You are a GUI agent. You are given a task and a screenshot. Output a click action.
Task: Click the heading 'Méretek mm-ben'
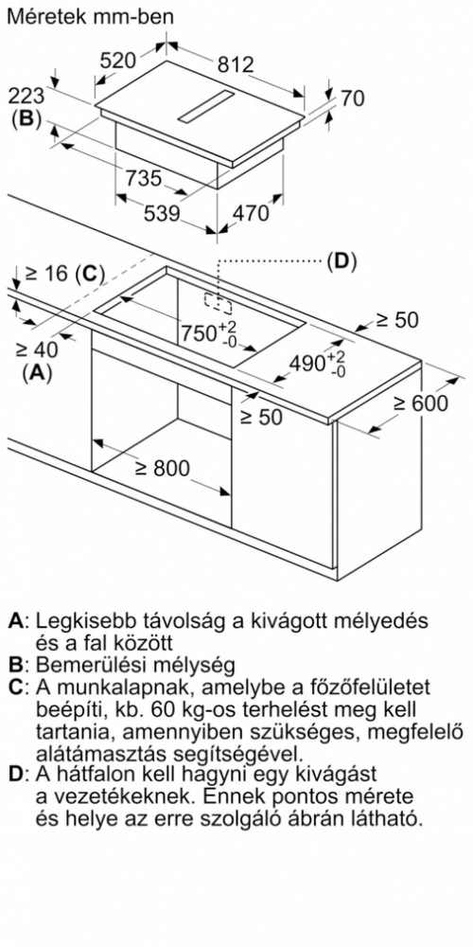pyautogui.click(x=90, y=16)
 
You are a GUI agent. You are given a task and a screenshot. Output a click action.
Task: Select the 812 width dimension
pyautogui.click(x=236, y=64)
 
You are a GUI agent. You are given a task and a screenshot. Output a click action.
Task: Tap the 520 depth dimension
pyautogui.click(x=118, y=61)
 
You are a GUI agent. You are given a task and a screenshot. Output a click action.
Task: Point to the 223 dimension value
pyautogui.click(x=26, y=96)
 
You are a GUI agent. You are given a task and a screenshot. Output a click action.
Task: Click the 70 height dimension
pyautogui.click(x=352, y=98)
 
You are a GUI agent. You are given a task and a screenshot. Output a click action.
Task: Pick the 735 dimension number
pyautogui.click(x=144, y=178)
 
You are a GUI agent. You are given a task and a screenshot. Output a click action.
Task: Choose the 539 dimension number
pyautogui.click(x=162, y=214)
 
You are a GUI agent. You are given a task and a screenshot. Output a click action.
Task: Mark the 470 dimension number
pyautogui.click(x=250, y=213)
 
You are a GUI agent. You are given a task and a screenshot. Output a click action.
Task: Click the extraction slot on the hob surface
pyautogui.click(x=205, y=108)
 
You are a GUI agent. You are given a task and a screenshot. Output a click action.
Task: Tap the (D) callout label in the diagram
pyautogui.click(x=342, y=261)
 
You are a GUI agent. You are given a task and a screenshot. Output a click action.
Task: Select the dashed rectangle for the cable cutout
pyautogui.click(x=218, y=304)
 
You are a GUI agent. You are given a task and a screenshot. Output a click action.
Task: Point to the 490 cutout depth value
pyautogui.click(x=317, y=364)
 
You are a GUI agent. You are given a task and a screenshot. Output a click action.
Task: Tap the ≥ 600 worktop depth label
pyautogui.click(x=421, y=403)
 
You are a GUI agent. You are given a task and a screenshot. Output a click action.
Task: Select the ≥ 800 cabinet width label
pyautogui.click(x=162, y=468)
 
